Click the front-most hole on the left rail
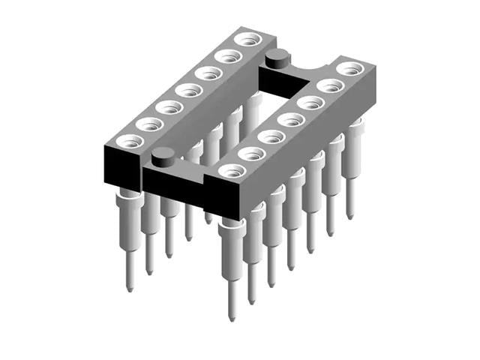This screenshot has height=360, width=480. point(131,140)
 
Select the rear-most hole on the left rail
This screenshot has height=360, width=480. point(246,39)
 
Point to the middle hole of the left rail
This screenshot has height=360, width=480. point(188,90)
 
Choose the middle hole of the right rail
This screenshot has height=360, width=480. point(289,119)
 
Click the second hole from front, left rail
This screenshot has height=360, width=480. point(150,124)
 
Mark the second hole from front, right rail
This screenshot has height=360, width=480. point(251,153)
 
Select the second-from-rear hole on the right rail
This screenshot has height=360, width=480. point(328,85)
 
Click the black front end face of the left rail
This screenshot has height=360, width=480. point(120,169)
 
